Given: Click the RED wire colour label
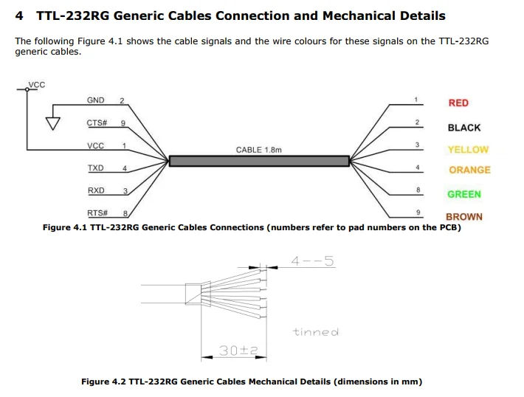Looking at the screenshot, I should (x=458, y=103).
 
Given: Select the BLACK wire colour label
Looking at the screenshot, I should (x=463, y=128).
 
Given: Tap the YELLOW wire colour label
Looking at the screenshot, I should (x=468, y=150).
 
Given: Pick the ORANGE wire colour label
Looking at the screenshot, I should (x=469, y=170).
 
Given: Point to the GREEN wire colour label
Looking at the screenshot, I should (x=463, y=195).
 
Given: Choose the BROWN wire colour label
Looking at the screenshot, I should (x=463, y=217).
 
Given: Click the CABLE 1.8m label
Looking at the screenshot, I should (x=258, y=150).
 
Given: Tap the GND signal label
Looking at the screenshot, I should (x=95, y=100).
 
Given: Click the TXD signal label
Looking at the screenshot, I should (x=96, y=168).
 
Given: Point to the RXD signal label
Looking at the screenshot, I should (x=96, y=190).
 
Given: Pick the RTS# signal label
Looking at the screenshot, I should (x=97, y=213).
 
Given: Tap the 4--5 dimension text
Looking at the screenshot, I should (x=312, y=261).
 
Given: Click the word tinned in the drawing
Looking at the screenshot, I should (x=315, y=332).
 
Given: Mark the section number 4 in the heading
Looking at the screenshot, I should (x=19, y=15).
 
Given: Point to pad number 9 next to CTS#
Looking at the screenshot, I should (x=123, y=122).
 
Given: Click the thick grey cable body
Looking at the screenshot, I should (x=258, y=161).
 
